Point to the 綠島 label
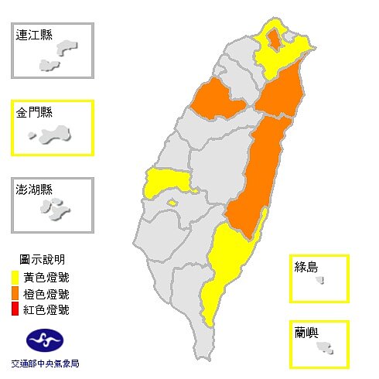coord(307,268)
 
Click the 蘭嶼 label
coord(307,333)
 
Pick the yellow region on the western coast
coord(166,183)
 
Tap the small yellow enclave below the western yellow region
coord(172,203)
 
